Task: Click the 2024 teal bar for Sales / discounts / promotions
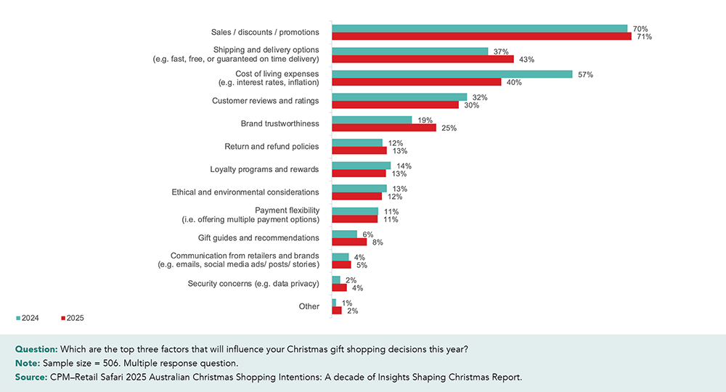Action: (479, 28)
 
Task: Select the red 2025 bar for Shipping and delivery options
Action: (423, 60)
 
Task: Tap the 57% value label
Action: (584, 75)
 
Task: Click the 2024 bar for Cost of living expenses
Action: (452, 75)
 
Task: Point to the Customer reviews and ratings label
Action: (265, 101)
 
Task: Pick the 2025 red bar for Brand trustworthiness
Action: (384, 128)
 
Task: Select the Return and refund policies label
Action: (272, 147)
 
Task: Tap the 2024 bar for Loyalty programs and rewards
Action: (361, 166)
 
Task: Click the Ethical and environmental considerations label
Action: (245, 192)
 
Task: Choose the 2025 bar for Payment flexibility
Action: (354, 219)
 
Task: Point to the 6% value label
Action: (368, 234)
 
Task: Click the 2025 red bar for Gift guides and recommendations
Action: (349, 242)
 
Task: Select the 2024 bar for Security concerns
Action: (336, 280)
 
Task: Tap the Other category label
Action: (309, 306)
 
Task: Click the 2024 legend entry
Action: (28, 318)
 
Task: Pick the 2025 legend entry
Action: (73, 318)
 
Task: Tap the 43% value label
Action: (526, 60)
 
